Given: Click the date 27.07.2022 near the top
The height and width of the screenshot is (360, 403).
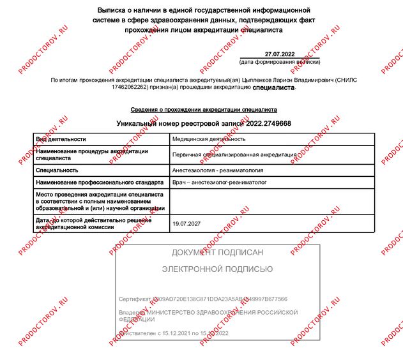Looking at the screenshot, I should coord(279,54).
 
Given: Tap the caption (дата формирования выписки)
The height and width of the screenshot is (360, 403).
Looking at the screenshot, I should coord(279,62).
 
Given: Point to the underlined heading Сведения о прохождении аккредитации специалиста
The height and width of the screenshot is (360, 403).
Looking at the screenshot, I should coord(204,110).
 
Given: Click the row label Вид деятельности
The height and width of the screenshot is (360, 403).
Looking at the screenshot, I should coord(61,139).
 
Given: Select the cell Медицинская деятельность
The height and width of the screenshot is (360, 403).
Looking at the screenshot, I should coord(209,139).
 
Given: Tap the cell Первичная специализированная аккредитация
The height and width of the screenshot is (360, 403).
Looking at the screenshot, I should coord(234,154).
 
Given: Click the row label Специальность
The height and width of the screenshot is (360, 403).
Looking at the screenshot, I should coord(57,170).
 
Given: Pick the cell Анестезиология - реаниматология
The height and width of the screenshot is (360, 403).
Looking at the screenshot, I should coord(218,170).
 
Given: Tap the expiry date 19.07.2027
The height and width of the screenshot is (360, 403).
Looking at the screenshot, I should coord(186,224).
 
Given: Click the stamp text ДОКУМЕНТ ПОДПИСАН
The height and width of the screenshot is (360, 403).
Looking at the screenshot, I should coord(217,252).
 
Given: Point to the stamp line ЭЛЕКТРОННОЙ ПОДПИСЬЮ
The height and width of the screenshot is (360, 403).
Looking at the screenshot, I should coord(217,269).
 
